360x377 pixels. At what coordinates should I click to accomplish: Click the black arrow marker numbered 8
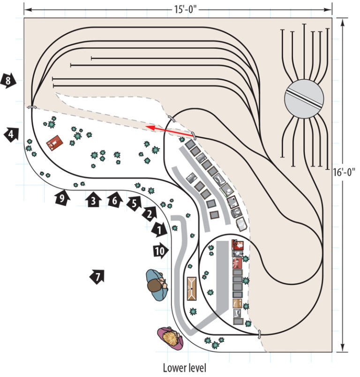click(x=8, y=81)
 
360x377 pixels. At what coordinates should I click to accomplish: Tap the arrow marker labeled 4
click(x=11, y=134)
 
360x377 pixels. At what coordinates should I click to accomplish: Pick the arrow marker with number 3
click(x=93, y=199)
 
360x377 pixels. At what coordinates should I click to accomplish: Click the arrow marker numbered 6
click(x=115, y=200)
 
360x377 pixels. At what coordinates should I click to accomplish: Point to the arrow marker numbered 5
click(x=135, y=204)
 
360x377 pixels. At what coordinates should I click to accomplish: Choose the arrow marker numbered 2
click(x=150, y=214)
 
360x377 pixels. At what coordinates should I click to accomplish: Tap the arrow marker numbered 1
click(x=159, y=230)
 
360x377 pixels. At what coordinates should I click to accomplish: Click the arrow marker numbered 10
click(x=161, y=251)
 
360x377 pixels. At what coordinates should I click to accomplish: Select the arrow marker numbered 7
click(x=97, y=277)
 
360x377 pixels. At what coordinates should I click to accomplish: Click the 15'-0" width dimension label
click(x=185, y=10)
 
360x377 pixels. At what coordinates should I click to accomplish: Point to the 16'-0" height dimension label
click(x=344, y=172)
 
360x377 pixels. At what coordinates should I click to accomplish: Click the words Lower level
click(x=185, y=368)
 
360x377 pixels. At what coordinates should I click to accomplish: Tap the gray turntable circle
click(x=304, y=99)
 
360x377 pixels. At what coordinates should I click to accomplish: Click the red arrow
click(x=170, y=131)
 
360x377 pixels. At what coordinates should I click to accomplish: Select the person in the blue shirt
click(x=157, y=285)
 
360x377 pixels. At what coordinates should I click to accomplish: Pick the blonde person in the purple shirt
click(x=170, y=338)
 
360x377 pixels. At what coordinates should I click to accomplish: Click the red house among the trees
click(x=54, y=143)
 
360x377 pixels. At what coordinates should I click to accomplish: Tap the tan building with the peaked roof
click(x=192, y=288)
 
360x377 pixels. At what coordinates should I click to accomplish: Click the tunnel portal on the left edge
click(x=31, y=107)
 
